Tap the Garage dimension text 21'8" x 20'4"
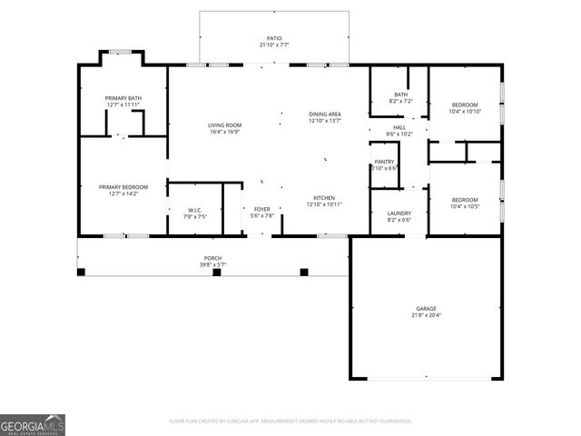click(426, 315)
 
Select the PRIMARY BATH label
click(123, 98)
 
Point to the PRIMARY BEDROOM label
click(123, 187)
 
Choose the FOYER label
click(262, 209)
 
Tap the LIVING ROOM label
click(224, 124)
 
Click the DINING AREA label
click(324, 114)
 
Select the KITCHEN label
click(325, 197)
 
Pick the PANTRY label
click(384, 162)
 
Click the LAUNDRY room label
click(399, 213)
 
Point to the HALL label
click(399, 127)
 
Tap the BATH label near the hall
click(400, 94)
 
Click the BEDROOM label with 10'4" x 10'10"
click(465, 104)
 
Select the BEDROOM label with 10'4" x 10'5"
click(465, 200)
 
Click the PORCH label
click(212, 258)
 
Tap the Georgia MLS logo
click(33, 425)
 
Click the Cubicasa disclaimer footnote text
click(290, 421)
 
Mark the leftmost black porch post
click(81, 272)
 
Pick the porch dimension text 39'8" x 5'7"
click(212, 265)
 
